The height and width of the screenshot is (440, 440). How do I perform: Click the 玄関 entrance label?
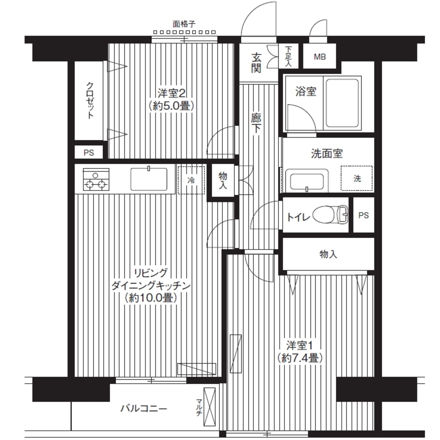pos(256,63)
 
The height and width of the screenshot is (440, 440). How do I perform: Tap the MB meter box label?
pos(320,57)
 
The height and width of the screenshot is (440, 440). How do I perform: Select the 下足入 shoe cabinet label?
pos(288,56)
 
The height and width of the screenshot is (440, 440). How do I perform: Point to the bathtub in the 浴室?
pos(342,103)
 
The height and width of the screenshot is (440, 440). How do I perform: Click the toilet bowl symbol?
pos(330,215)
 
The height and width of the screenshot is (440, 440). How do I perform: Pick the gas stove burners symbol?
pos(96,180)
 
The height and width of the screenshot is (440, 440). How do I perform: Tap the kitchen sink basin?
pos(148,179)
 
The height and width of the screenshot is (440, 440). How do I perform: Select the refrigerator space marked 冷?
pos(191,180)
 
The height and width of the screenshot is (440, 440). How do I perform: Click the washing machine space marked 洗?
pos(357,178)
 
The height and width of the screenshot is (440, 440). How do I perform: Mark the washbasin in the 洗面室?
pos(307,181)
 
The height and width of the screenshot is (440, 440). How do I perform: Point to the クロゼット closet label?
pos(90,100)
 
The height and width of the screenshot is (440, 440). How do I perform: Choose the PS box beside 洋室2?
pos(89,152)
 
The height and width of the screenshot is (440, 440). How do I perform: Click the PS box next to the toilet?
pos(363,215)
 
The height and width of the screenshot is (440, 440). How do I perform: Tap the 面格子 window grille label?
pos(184,24)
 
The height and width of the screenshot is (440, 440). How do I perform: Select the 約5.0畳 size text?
pos(172,106)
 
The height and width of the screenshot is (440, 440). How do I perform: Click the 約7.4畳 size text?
pos(299,358)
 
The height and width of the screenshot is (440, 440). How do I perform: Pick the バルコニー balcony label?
pos(144,408)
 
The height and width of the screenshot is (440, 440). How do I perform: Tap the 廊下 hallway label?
pos(256,123)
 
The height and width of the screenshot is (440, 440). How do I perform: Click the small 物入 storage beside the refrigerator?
pos(223,180)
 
